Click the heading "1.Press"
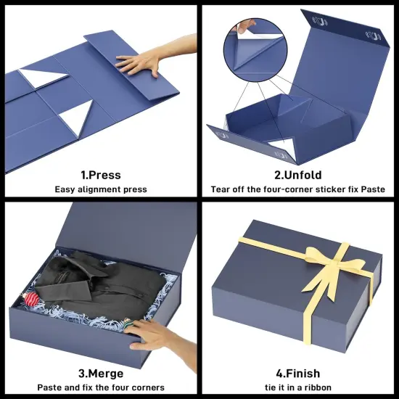100,175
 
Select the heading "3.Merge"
100,374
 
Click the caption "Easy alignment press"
100,189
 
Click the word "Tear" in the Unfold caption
221,189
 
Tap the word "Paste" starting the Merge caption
50,387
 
